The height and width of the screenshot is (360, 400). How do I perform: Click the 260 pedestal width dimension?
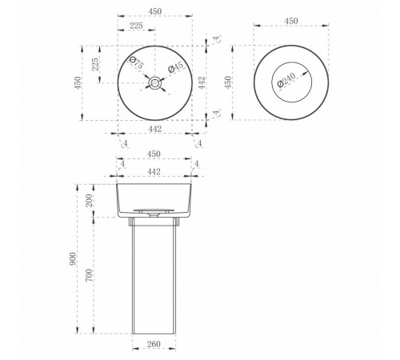(x=154, y=344)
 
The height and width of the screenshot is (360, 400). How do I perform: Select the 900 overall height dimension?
(x=73, y=258)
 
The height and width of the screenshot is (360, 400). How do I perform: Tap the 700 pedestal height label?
(x=89, y=275)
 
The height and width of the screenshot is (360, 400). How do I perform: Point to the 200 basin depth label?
(x=90, y=201)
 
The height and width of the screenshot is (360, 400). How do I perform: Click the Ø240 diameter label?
(x=286, y=80)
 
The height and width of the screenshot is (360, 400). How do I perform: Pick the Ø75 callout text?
(x=137, y=62)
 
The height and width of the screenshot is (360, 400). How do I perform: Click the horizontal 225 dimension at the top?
(x=136, y=26)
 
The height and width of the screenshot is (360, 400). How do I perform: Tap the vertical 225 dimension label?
(x=95, y=64)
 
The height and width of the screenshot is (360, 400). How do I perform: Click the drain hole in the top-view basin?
(x=154, y=82)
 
